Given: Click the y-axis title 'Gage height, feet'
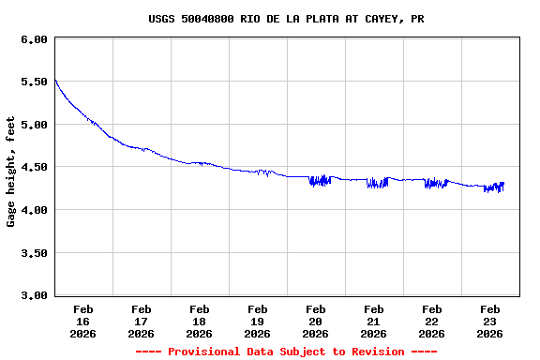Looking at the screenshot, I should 11,172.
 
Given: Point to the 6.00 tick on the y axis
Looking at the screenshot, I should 33,39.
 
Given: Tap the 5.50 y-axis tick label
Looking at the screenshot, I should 33,82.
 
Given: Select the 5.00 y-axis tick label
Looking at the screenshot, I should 33,125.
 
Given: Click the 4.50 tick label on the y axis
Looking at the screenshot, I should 33,168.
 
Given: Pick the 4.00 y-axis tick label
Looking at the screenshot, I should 33,210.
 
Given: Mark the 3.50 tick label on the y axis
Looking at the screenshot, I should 33,253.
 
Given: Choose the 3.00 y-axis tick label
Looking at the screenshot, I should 33,295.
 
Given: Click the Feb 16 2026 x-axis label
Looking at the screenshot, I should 83,321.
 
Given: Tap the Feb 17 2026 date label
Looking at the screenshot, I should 142,321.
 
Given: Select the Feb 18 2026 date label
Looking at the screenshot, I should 200,321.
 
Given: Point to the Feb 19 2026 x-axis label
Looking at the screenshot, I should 258,321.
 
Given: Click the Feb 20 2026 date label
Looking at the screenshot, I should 316,321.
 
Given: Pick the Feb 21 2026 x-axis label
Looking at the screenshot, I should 374,321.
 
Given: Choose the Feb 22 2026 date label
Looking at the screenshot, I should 432,321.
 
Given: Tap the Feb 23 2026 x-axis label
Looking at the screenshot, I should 490,321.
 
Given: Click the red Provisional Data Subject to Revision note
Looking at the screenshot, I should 286,352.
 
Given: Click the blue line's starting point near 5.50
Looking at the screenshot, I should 55,80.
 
